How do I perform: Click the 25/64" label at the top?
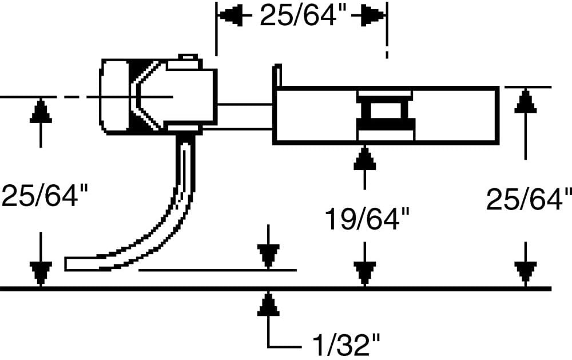pos(297,17)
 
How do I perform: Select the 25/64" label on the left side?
pos(45,195)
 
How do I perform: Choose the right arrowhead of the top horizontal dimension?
pos(373,16)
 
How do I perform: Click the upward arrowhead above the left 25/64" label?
pos(41,110)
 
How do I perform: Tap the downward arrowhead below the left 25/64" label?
pos(41,274)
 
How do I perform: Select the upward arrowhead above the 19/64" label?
pos(365,158)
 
